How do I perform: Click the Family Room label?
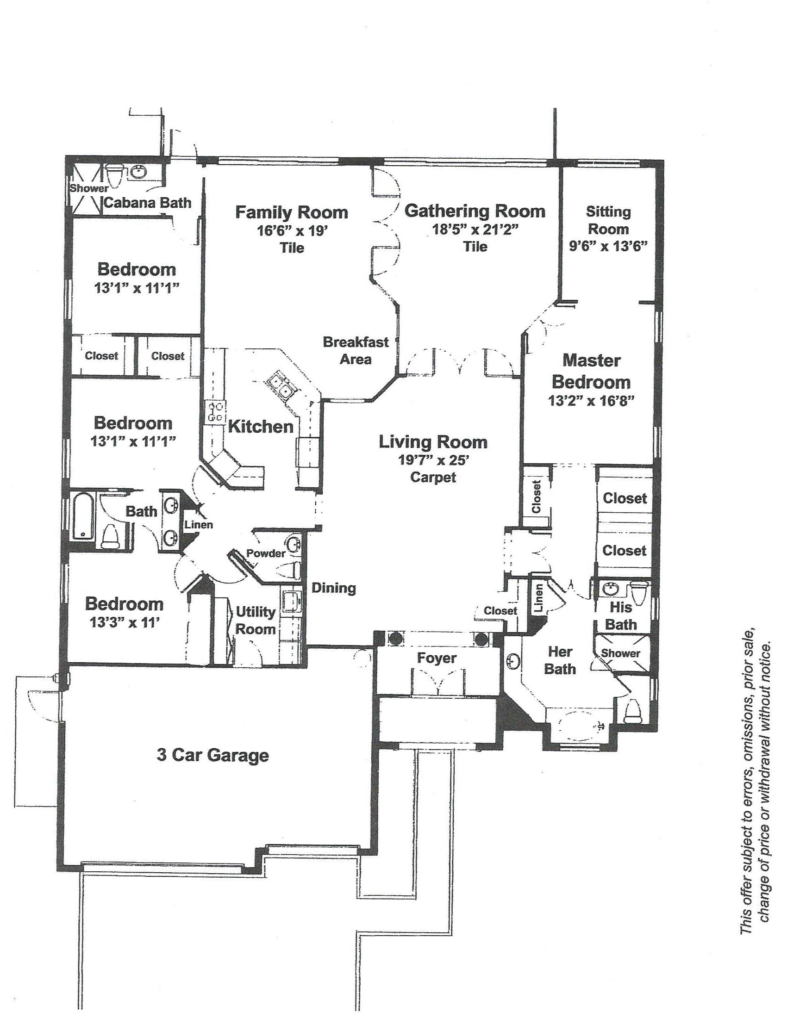(x=291, y=212)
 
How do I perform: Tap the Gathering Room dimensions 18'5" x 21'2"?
(x=475, y=230)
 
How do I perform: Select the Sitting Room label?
(x=608, y=220)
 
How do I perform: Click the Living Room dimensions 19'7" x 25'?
(x=433, y=460)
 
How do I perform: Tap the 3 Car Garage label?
(x=212, y=755)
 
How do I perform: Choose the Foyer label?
(x=437, y=658)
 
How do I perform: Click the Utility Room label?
(x=256, y=620)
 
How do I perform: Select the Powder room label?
(x=266, y=553)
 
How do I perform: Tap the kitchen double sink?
(x=280, y=385)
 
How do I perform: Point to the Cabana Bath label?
(x=147, y=203)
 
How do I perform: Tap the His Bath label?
(x=621, y=615)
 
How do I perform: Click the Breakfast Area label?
(x=356, y=351)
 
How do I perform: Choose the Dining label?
(x=334, y=588)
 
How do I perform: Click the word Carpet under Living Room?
(x=433, y=478)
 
